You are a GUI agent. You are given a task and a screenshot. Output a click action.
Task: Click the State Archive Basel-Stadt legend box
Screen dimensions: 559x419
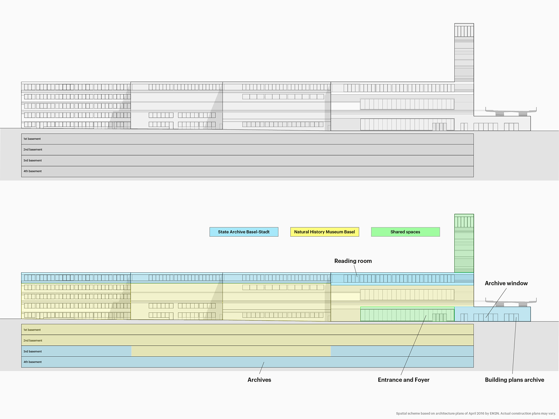[x=244, y=232]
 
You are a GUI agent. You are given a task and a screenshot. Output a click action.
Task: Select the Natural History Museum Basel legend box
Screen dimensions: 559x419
[x=325, y=232]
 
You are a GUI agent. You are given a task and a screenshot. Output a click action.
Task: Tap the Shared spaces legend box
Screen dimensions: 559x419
[x=405, y=232]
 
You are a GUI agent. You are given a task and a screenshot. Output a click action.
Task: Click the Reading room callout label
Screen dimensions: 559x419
[x=353, y=261]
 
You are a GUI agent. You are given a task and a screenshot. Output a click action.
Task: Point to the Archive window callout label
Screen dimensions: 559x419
[x=506, y=283]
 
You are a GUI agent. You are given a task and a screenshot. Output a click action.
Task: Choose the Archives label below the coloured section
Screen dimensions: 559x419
[x=259, y=380]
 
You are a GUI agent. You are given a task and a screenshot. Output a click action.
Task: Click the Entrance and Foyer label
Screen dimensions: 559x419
[x=404, y=380]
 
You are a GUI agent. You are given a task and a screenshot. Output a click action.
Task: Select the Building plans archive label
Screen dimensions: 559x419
[x=514, y=380]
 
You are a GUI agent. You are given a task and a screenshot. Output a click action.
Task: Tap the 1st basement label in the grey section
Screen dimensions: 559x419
[x=32, y=139]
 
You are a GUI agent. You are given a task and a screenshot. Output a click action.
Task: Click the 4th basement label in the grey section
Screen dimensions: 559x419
[x=32, y=171]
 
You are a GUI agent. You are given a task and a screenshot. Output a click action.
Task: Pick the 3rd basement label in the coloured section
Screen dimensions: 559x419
[x=32, y=351]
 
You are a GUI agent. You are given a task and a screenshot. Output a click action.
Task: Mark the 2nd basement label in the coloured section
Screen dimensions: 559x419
[x=33, y=340]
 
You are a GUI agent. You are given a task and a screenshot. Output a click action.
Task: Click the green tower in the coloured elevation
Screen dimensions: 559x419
[x=464, y=243]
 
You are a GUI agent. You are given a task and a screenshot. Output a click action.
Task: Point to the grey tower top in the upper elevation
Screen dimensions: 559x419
[x=464, y=30]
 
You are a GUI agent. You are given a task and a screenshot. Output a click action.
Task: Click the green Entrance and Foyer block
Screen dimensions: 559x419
[x=407, y=314]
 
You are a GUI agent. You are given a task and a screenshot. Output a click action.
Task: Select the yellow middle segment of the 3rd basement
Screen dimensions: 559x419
[x=231, y=351]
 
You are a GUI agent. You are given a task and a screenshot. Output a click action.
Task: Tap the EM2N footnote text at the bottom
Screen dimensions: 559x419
[x=476, y=413]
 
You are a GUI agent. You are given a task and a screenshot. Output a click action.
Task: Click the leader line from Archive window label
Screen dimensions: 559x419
[x=496, y=303]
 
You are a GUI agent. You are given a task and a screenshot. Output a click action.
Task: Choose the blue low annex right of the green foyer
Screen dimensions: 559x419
[x=493, y=314]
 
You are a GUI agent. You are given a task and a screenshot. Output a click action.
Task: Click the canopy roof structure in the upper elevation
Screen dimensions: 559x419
[x=511, y=111]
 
